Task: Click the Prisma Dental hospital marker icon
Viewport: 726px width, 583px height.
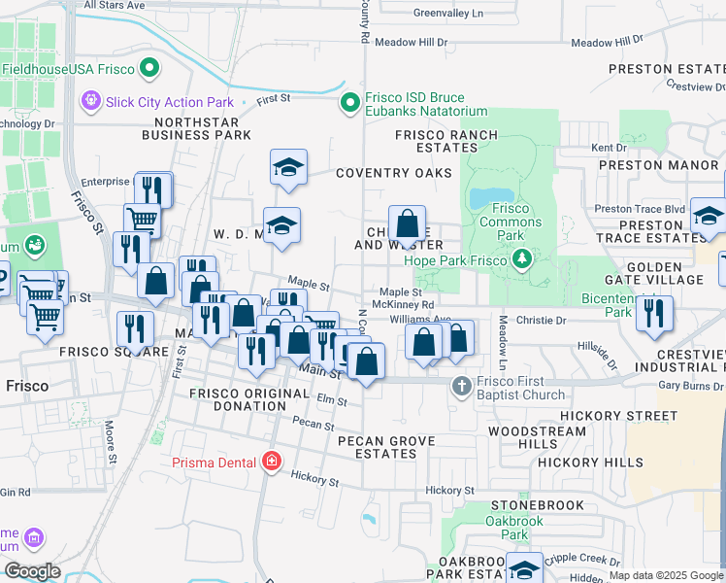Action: [x=274, y=461]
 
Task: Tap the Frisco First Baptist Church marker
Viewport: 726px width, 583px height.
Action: [x=462, y=386]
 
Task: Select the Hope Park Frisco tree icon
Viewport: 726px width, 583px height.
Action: [x=523, y=257]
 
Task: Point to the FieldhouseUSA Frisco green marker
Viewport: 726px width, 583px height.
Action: [x=149, y=69]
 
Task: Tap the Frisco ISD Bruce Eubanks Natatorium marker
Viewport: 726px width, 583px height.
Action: [x=349, y=102]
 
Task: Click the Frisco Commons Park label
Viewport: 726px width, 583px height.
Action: [x=511, y=216]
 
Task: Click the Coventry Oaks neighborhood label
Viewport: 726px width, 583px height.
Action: [x=394, y=173]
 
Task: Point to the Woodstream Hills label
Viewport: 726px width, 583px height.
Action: [x=523, y=436]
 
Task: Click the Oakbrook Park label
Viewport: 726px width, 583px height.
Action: [x=507, y=528]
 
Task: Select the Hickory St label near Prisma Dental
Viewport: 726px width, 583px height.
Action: [x=313, y=480]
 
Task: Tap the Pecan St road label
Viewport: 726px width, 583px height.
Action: [x=313, y=425]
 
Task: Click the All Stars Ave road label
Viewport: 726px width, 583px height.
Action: [x=115, y=5]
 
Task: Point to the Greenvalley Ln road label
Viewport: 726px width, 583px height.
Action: [x=447, y=14]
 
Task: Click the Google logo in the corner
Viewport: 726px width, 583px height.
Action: [x=32, y=571]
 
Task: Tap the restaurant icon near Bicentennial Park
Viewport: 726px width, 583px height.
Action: [x=655, y=313]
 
